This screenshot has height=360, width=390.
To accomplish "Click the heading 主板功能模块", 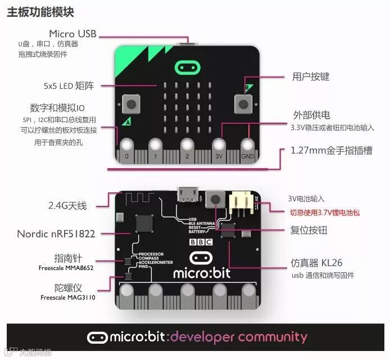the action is click(40, 12).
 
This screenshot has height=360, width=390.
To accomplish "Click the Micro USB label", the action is click(72, 34).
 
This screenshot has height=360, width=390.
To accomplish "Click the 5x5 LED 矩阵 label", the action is click(69, 86).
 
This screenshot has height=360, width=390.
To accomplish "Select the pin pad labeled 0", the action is click(126, 147).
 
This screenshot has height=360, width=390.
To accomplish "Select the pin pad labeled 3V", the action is click(219, 147).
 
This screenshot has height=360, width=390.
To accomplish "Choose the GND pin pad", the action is click(248, 147).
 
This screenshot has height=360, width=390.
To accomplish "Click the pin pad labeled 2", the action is click(187, 147).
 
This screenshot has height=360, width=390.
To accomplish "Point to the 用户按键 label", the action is click(311, 76).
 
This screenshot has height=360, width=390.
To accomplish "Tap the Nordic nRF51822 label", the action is click(56, 233).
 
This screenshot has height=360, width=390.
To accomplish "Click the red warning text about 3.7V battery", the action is click(324, 213).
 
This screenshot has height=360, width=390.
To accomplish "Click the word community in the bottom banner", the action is click(273, 337).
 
